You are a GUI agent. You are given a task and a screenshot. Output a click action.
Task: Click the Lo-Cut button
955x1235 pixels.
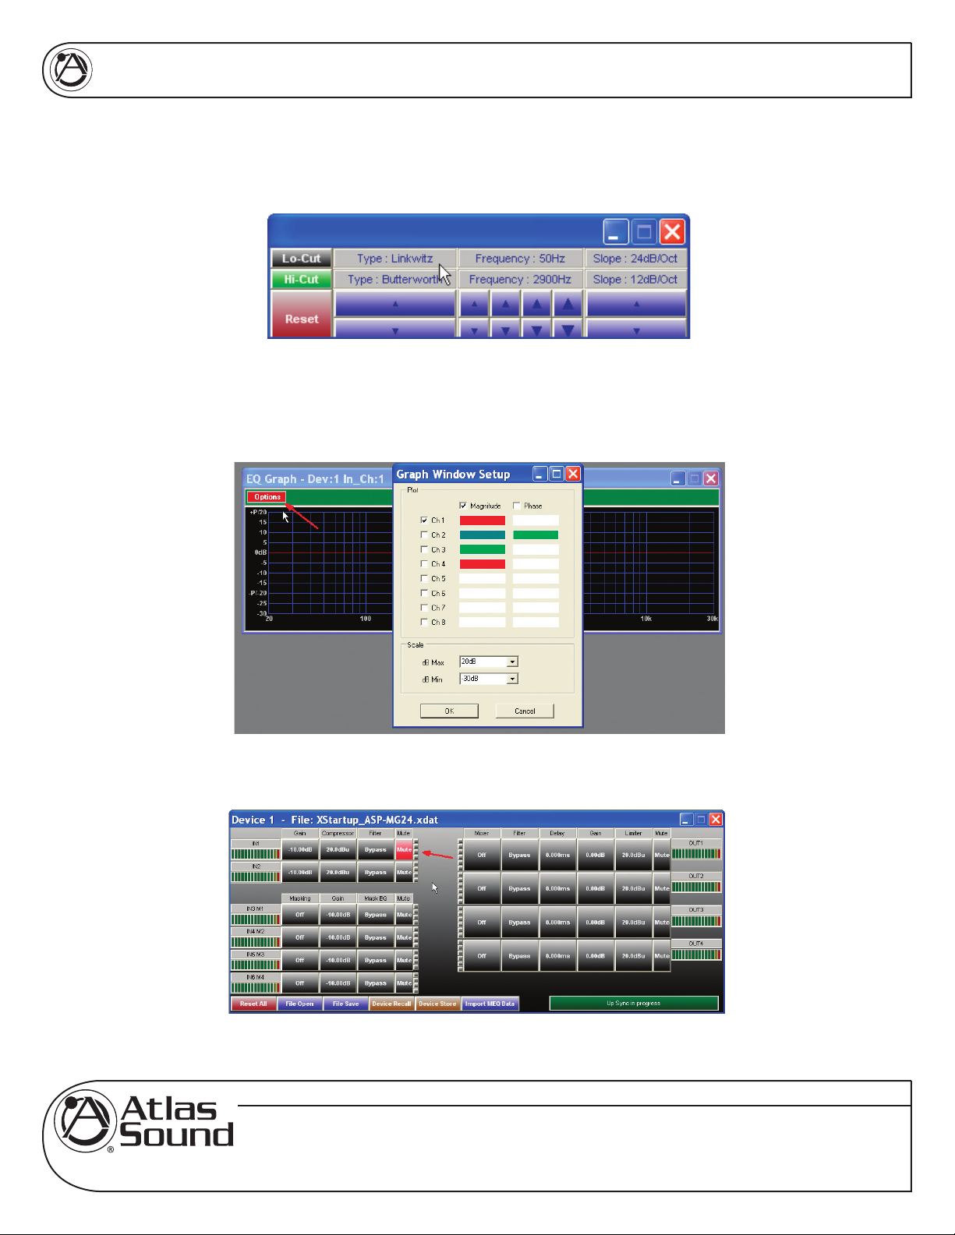[x=301, y=259]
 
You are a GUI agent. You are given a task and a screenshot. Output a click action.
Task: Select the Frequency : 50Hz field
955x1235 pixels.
[x=520, y=259]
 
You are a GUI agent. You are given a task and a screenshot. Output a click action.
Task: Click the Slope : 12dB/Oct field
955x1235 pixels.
[x=635, y=279]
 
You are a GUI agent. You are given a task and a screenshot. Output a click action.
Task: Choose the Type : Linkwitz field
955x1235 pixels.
[x=394, y=259]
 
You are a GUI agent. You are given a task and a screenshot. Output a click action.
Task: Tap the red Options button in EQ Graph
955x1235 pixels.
[x=267, y=497]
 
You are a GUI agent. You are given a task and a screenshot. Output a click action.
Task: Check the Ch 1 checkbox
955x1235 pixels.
[x=424, y=520]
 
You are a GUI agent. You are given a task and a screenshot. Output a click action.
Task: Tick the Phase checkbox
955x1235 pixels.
[x=516, y=506]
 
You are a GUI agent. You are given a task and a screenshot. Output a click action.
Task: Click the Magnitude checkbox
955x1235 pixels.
[x=463, y=506]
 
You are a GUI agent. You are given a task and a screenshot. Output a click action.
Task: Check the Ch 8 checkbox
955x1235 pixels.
[x=424, y=622]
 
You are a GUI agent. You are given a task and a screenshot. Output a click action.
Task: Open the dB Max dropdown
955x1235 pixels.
[x=512, y=662]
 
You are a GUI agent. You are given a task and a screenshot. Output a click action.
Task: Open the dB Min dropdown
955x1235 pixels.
[x=512, y=679]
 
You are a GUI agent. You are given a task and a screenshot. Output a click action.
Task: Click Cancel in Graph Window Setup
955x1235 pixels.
[x=525, y=711]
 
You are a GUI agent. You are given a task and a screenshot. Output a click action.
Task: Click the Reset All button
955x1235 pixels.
[x=253, y=1004]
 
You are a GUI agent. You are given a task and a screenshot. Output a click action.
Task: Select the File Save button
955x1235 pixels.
[x=345, y=1004]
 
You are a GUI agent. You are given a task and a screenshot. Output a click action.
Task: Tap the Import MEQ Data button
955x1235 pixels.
[x=490, y=1004]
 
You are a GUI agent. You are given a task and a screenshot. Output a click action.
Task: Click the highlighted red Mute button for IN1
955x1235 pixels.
[x=404, y=850]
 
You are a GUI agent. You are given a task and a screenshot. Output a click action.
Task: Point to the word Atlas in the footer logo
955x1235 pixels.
[x=169, y=1109]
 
